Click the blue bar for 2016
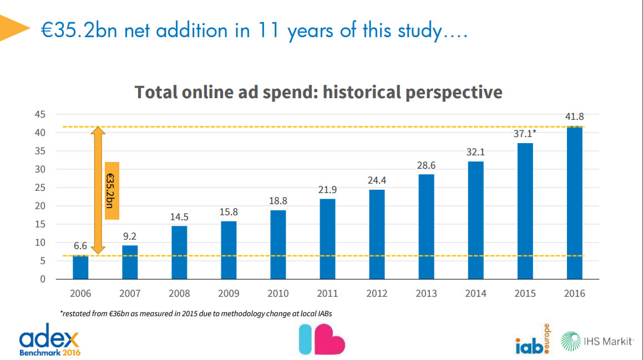click(574, 203)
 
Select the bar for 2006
click(80, 267)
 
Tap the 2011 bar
click(327, 239)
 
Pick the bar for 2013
click(426, 226)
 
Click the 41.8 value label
click(574, 117)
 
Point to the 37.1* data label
click(526, 134)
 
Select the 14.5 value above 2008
click(179, 217)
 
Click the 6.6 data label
click(80, 246)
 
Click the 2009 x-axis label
click(229, 293)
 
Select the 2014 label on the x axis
click(475, 293)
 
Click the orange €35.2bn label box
click(112, 191)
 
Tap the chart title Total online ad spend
click(318, 92)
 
